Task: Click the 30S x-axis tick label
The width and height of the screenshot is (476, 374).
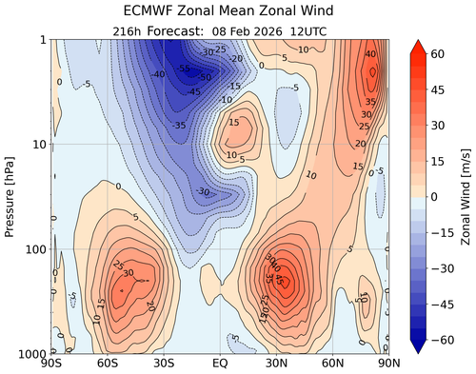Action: point(164,364)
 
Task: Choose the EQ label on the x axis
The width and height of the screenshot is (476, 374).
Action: point(220,364)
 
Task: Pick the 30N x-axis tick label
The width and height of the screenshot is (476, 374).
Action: point(276,364)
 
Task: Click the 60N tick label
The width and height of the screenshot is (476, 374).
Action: point(332,364)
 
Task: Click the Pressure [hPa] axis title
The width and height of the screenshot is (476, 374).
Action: point(11,196)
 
